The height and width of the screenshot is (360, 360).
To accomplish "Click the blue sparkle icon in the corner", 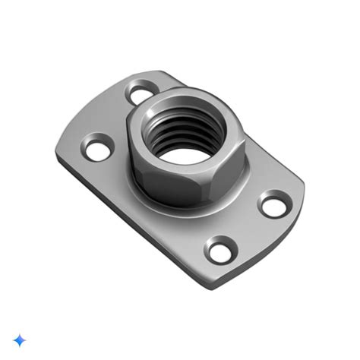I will (x=20, y=339).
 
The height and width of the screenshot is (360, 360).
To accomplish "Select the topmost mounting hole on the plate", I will (x=141, y=95).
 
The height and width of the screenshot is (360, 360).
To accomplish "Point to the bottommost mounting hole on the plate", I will (x=220, y=248).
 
